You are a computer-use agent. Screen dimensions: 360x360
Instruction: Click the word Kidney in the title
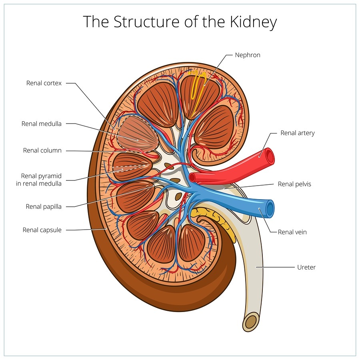(252, 22)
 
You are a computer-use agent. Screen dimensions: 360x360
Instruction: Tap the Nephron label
(247, 55)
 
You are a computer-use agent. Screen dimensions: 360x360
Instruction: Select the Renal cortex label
(44, 83)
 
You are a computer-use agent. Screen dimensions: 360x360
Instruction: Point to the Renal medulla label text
(42, 124)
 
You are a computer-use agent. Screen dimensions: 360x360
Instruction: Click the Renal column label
(42, 151)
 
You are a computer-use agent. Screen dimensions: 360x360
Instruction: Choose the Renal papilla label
(44, 207)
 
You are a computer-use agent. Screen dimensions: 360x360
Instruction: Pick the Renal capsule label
(42, 230)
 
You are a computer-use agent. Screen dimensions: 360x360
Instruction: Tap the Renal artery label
(298, 133)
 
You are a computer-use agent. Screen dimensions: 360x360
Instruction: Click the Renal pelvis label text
(294, 184)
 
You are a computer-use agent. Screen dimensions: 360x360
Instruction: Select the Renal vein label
(292, 232)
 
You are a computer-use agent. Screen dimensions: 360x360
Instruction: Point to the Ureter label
(306, 267)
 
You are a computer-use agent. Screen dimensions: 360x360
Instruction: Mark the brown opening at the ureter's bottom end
(252, 321)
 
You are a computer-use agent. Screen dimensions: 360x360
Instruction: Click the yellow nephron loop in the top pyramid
(197, 86)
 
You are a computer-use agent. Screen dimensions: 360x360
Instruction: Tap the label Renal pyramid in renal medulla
(42, 180)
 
